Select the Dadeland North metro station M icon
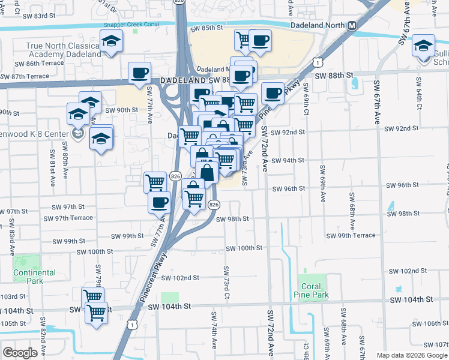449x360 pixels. (x=352, y=25)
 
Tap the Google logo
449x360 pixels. (x=20, y=353)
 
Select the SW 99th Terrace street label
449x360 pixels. (x=364, y=236)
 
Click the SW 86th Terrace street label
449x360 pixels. (x=38, y=63)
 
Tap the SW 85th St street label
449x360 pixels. (x=206, y=28)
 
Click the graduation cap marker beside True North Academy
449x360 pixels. (x=111, y=42)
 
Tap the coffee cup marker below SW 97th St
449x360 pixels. (x=159, y=203)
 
